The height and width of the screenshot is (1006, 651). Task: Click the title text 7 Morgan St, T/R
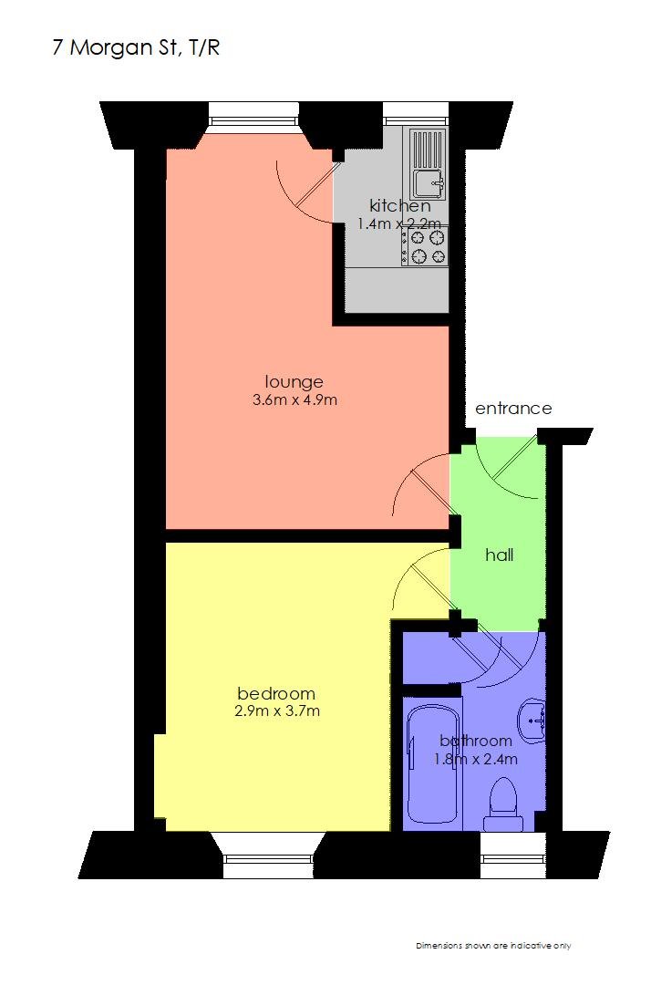point(136,48)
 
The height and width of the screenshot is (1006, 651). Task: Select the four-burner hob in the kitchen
point(425,247)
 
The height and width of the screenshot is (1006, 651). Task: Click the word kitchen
point(399,206)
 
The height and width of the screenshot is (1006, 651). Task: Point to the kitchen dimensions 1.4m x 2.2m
point(399,224)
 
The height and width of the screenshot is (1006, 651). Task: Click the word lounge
point(294,382)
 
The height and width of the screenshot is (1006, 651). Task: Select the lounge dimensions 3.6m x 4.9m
point(295,400)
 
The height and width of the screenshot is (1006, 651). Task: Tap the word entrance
point(513,409)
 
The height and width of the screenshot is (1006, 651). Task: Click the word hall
point(499,555)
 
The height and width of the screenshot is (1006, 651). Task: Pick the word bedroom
point(276,693)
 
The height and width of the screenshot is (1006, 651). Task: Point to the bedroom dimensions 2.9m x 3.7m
point(277,710)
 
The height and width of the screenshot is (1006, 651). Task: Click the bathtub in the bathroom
point(435,763)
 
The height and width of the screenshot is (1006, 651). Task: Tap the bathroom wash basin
point(532,721)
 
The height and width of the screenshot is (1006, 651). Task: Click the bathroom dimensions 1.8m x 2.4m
point(476,760)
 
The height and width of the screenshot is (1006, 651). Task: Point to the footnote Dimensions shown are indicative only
point(493,946)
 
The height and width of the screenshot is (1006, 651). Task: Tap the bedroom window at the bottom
point(269,856)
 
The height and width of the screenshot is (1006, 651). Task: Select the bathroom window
point(512,856)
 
